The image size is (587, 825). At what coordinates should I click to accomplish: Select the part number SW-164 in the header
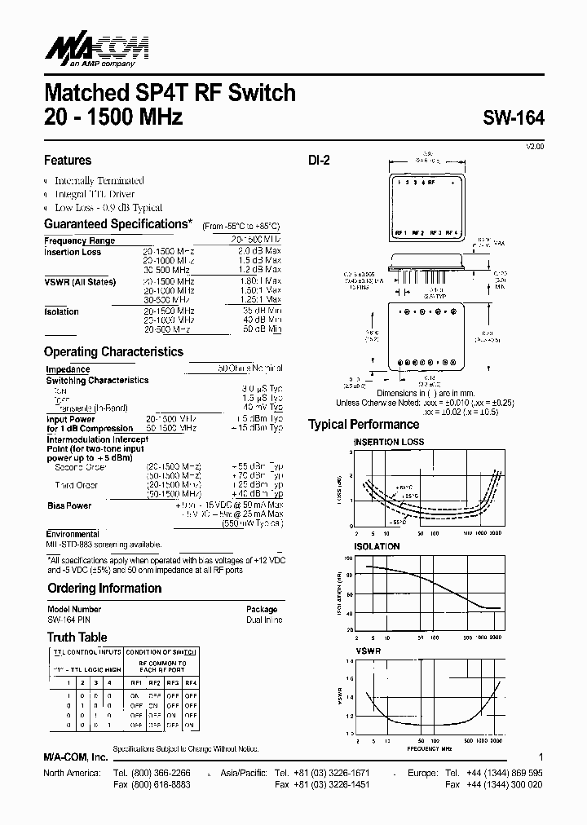513,117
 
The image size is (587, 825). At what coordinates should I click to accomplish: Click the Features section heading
68,161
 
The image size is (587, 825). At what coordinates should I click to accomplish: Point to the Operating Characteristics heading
113,352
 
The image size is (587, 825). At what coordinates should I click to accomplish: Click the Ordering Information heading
104,589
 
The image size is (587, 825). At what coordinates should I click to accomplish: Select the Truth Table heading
77,637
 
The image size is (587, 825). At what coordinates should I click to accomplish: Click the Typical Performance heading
364,425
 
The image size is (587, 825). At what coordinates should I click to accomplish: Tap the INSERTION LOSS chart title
388,443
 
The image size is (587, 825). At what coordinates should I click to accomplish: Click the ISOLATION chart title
376,546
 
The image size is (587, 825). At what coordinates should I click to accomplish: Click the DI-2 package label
319,161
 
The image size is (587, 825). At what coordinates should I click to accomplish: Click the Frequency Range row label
79,241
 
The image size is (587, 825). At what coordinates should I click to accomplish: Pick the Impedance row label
68,369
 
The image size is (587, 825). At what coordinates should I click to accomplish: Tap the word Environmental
73,535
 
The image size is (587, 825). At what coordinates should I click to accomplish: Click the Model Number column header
74,610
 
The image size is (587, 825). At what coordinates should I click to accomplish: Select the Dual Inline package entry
263,620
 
